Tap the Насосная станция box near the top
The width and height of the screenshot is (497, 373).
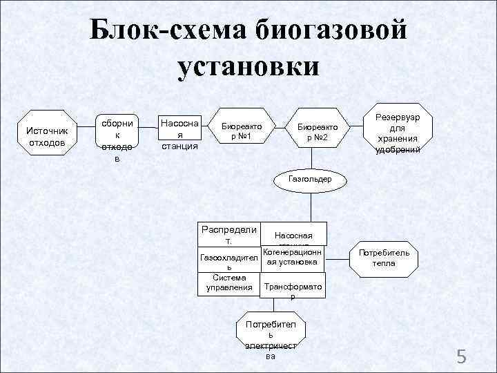[179, 134]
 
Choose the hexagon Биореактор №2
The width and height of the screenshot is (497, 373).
[317, 131]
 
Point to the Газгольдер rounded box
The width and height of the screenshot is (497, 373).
[311, 179]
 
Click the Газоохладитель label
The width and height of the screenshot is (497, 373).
[228, 261]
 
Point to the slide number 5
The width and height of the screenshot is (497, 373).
[462, 357]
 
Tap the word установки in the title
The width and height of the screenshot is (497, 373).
[248, 67]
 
